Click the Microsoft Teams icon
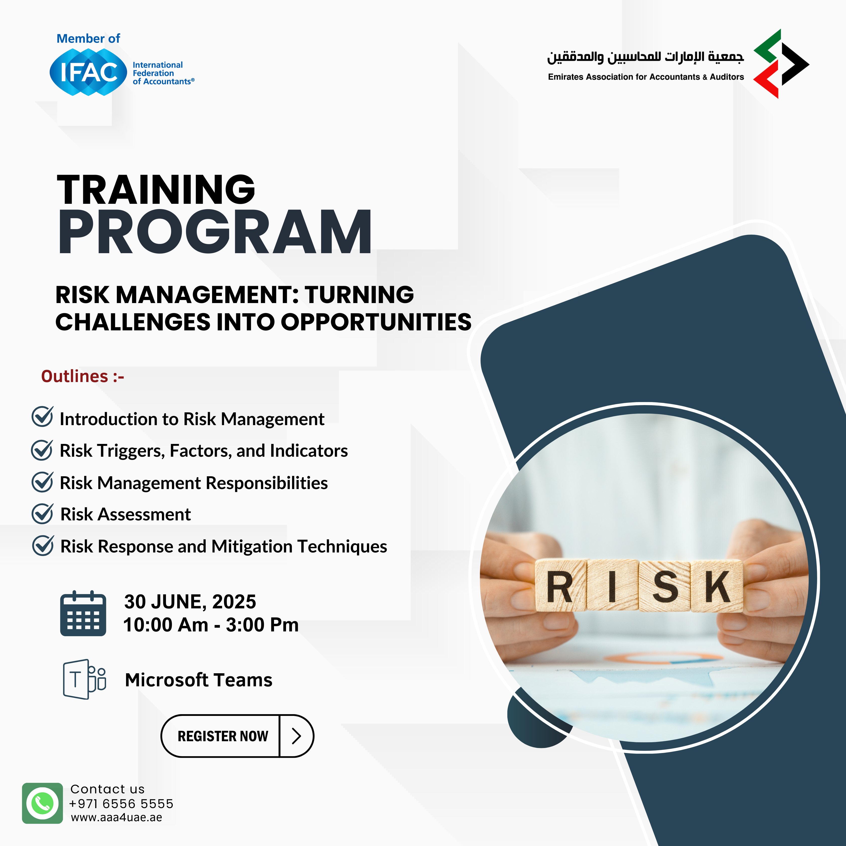tap(84, 679)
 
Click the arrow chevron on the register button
tap(297, 736)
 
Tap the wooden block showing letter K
tap(717, 586)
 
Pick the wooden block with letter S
tap(665, 586)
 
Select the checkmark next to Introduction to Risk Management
tap(42, 416)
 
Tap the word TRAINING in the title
tap(156, 190)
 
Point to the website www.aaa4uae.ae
tap(117, 817)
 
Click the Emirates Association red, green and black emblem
tap(781, 64)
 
